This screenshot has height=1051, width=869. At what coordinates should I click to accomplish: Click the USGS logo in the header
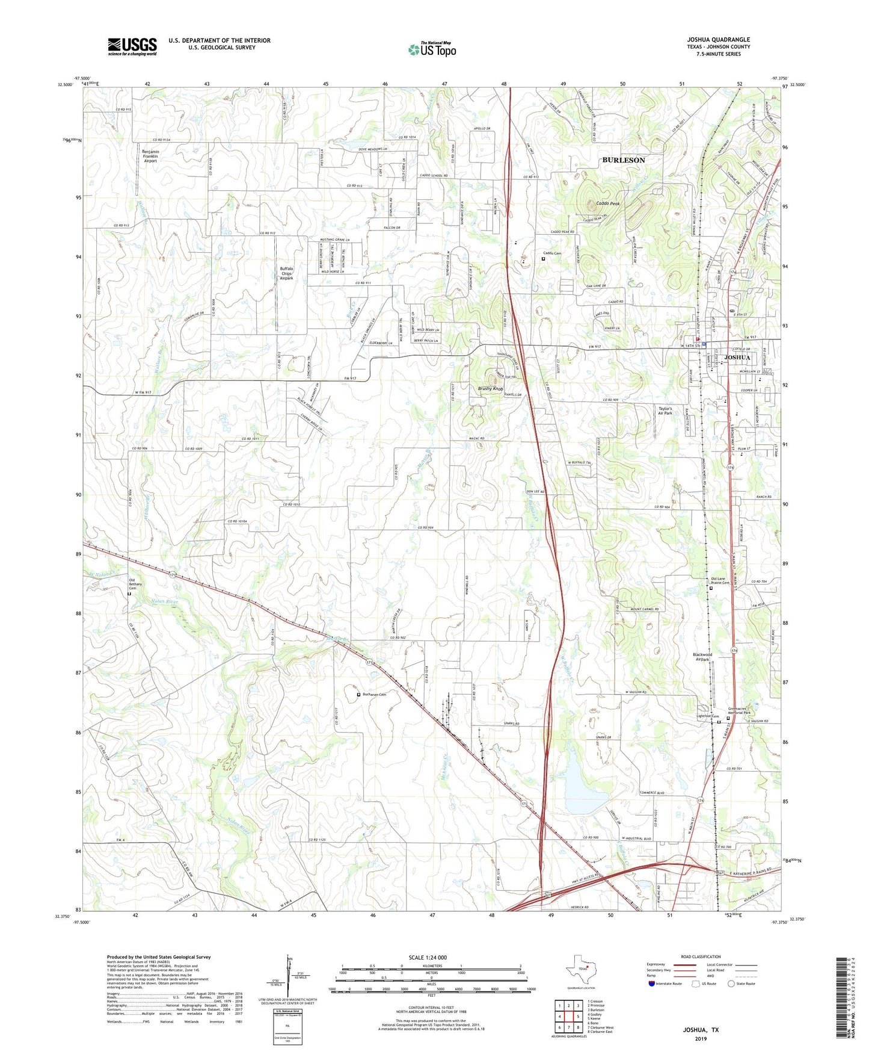(132, 46)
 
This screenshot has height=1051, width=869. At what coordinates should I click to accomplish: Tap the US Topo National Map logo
(432, 49)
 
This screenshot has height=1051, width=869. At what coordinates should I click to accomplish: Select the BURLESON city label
(624, 160)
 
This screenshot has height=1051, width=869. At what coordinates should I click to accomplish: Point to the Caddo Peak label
(607, 203)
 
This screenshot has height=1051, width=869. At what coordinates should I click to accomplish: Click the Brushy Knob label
(490, 389)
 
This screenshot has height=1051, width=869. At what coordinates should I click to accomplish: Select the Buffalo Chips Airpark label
(286, 273)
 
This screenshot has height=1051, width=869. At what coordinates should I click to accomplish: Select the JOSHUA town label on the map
(737, 358)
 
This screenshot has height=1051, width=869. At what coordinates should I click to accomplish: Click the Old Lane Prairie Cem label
(717, 581)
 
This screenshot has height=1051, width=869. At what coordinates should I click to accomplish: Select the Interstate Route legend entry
(666, 984)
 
